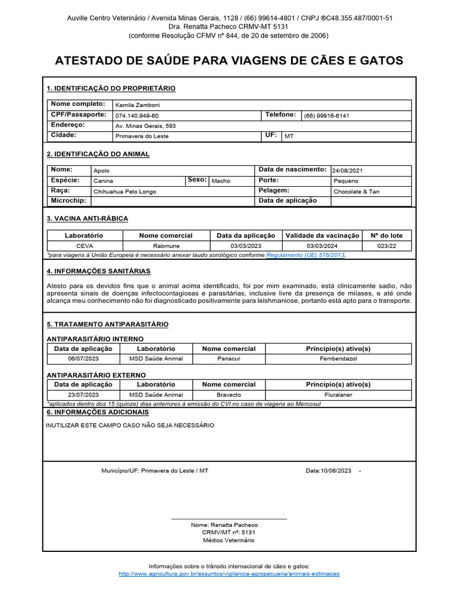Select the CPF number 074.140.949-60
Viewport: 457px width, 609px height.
[x=137, y=115]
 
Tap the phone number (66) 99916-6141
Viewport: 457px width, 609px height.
[x=327, y=115]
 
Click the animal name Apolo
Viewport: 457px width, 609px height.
[x=101, y=171]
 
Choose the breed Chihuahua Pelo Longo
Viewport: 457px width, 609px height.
[x=123, y=192]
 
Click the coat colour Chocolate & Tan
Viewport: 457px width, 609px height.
[x=356, y=192]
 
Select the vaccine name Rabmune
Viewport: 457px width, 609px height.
[x=166, y=246]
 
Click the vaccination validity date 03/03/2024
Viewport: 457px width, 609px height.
[x=322, y=246]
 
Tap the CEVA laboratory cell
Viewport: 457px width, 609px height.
[x=84, y=246]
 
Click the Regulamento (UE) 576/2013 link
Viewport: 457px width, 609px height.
[x=305, y=255]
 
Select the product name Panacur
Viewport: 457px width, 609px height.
[x=228, y=359]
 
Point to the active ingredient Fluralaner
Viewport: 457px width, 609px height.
[x=338, y=394]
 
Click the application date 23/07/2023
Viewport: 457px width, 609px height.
[x=83, y=394]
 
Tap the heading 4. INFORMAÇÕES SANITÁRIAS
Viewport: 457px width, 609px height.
[x=98, y=271]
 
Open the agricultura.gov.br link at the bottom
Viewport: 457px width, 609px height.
[x=229, y=574]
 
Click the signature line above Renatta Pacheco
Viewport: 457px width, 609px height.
[x=228, y=519]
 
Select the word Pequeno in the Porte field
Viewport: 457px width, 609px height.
[x=346, y=181]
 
